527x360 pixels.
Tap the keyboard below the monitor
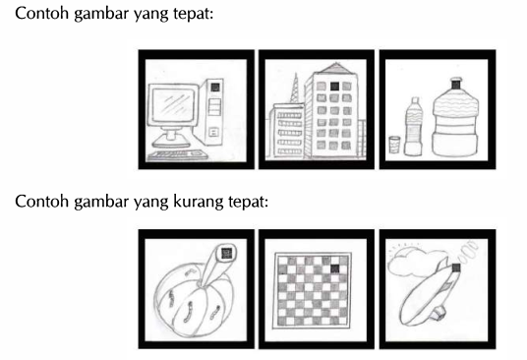(x=177, y=155)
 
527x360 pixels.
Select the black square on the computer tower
(x=215, y=88)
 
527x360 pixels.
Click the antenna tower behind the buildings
(x=295, y=89)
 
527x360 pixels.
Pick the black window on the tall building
(x=334, y=87)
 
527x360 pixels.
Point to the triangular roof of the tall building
(x=333, y=68)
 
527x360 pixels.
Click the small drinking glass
(x=394, y=145)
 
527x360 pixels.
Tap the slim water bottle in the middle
(x=413, y=127)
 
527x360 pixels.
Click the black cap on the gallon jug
(x=456, y=83)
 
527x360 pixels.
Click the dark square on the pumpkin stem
(x=227, y=253)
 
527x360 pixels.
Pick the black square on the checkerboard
(x=334, y=269)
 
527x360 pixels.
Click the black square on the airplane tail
(x=456, y=268)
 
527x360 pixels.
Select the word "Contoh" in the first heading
(x=42, y=14)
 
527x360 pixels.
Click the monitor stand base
(x=171, y=144)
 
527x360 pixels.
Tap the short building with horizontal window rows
(x=287, y=131)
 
